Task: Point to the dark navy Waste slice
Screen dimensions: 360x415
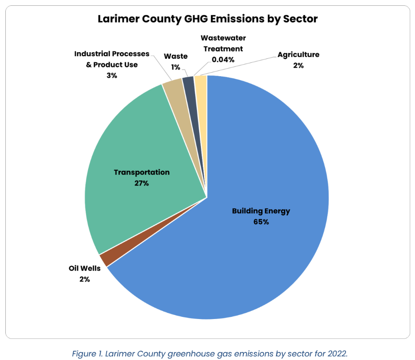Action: click(x=189, y=83)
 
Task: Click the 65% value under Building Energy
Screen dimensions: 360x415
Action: click(x=261, y=221)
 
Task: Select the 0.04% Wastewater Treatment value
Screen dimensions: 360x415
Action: click(x=223, y=59)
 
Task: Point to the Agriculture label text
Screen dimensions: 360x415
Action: click(x=298, y=55)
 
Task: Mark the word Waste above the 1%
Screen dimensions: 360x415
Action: click(x=176, y=57)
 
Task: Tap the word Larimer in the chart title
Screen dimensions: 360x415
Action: click(x=119, y=19)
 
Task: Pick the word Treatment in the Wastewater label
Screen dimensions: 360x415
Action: click(x=223, y=49)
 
